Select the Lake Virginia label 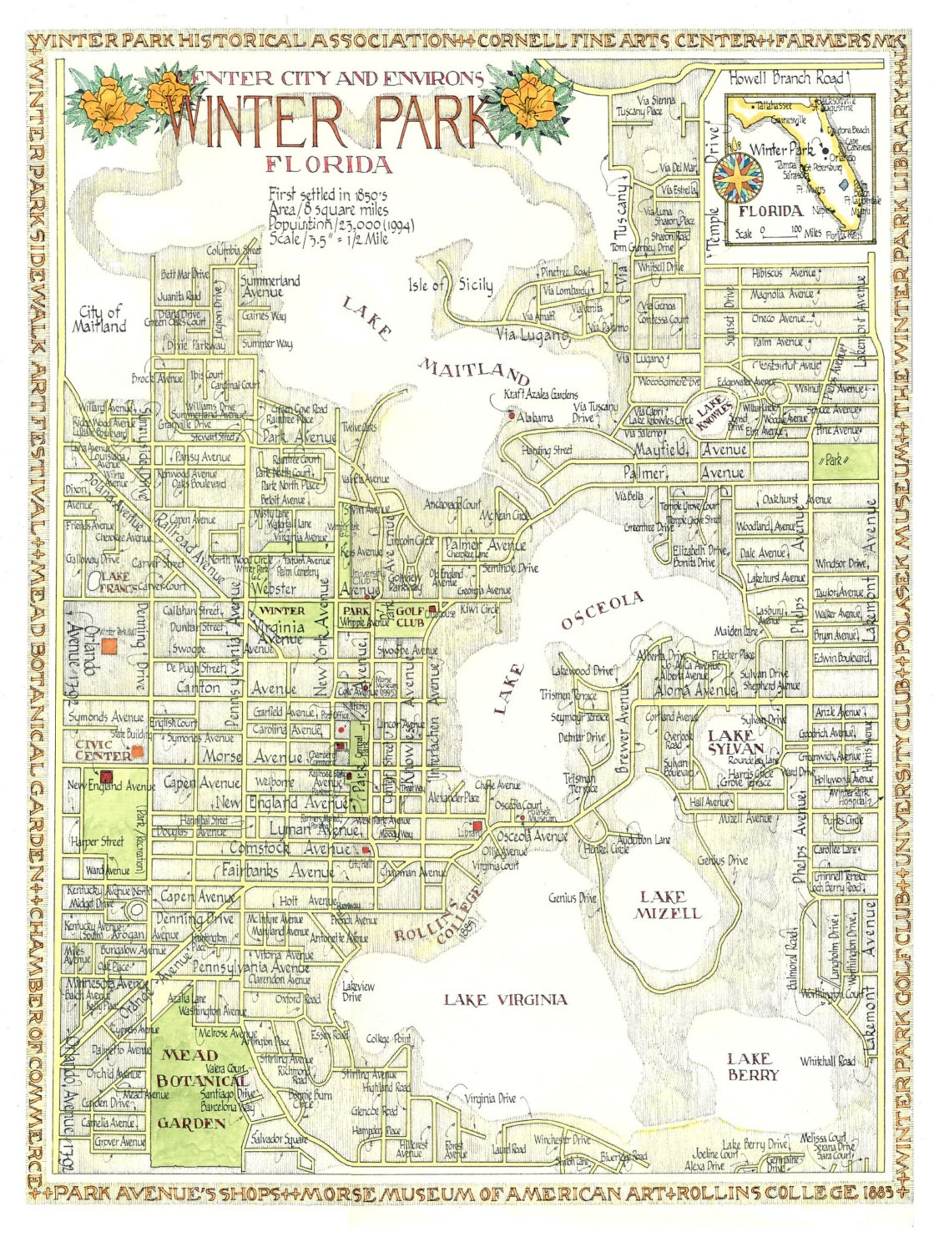[506, 999]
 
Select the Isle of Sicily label [450, 286]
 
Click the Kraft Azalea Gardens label [540, 394]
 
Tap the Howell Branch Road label [785, 78]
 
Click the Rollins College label [438, 926]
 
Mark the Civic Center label [103, 750]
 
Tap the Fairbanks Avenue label [278, 871]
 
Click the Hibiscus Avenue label [783, 274]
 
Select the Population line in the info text [341, 225]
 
